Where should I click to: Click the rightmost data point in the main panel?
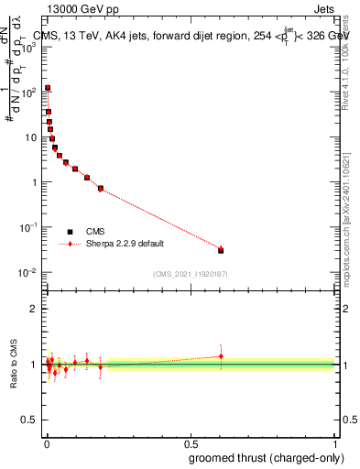point(221,249)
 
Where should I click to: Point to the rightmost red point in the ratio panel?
point(221,356)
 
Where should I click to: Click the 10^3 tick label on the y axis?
point(28,48)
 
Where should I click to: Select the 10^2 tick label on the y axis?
point(28,93)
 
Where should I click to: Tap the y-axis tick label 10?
point(31,137)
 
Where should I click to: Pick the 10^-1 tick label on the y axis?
point(28,227)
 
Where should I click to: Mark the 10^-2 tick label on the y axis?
point(28,272)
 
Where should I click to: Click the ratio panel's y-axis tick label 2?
point(34,309)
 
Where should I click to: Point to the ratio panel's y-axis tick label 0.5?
point(30,421)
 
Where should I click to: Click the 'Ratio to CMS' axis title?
point(15,364)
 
